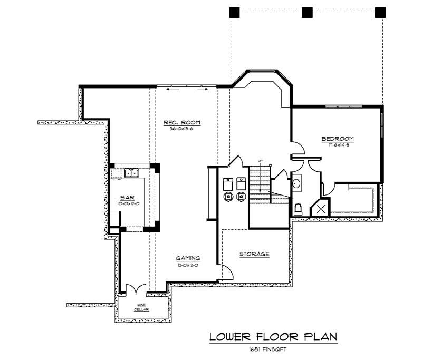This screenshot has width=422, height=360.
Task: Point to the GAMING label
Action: tap(188, 258)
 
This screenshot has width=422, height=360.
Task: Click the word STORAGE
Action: tap(255, 254)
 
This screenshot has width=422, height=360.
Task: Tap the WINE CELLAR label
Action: tap(141, 307)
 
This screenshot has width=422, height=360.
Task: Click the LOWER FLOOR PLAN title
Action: tap(273, 337)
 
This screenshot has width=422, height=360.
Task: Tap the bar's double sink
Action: tap(131, 172)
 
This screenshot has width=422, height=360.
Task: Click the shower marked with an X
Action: tap(320, 209)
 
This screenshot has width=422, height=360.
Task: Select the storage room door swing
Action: tap(225, 272)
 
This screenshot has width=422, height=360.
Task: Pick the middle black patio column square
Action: tap(307, 13)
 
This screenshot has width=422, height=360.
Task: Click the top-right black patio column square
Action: tap(380, 13)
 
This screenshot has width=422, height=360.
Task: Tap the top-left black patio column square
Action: tap(235, 13)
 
